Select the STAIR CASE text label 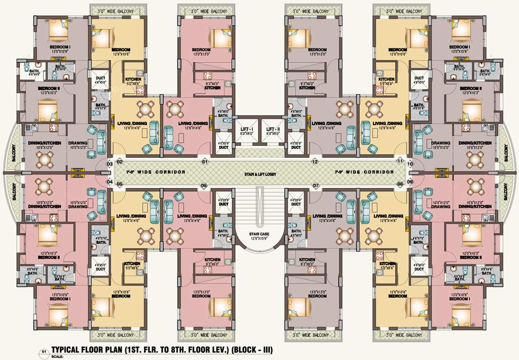click(259, 234)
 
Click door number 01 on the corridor click(205, 162)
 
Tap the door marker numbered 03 click(109, 164)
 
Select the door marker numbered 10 click(410, 164)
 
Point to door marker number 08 click(400, 184)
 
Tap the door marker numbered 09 click(410, 181)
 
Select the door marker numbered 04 click(109, 181)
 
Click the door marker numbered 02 click(119, 162)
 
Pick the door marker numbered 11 click(400, 162)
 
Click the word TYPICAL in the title click(69, 350)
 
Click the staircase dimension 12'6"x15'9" click(259, 238)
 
